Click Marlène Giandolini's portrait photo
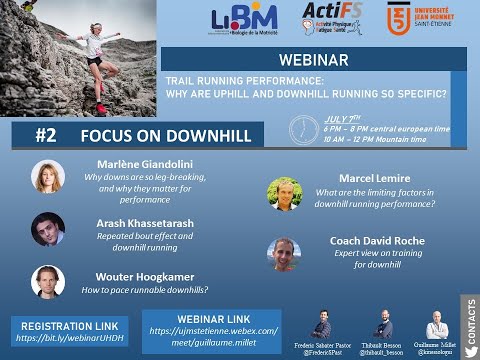pos(47,176)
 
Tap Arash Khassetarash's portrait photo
pos(47,229)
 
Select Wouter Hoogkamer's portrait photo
pos(47,281)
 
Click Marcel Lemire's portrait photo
pos(284,193)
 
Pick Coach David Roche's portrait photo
pos(284,253)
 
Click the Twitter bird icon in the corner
pos(469,348)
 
